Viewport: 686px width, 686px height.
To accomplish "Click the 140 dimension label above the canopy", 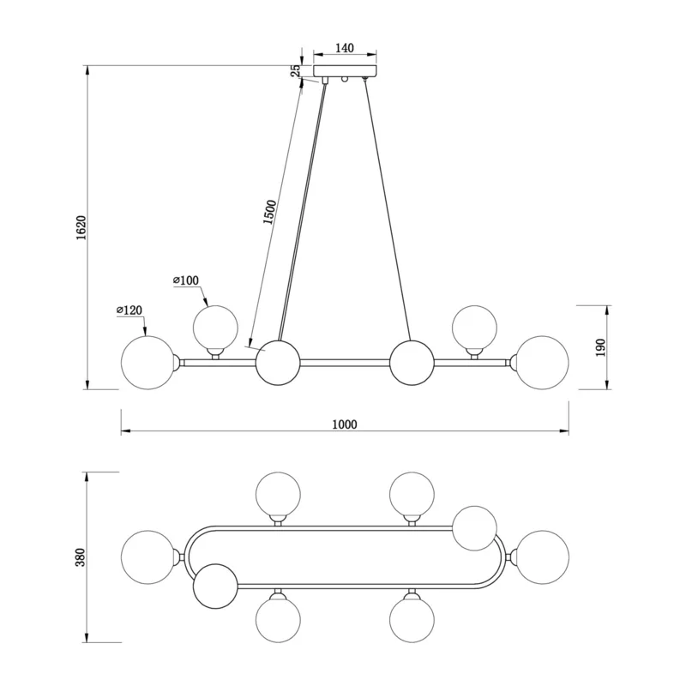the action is (345, 48).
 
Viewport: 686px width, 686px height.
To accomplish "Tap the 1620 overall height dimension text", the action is (81, 227).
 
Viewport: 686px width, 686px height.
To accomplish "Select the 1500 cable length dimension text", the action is (269, 212).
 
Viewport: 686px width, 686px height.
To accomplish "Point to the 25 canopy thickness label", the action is (296, 70).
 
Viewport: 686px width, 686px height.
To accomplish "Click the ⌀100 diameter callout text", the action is (186, 280).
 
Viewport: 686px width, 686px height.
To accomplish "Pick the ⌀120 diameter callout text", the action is (129, 310).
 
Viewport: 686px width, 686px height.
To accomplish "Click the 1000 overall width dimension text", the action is (345, 424).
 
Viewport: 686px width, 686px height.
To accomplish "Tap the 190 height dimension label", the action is (600, 347).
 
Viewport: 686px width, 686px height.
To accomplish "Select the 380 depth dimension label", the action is (81, 557).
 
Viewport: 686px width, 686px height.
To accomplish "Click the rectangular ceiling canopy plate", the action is (345, 71).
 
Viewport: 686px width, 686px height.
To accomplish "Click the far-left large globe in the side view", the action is (147, 363).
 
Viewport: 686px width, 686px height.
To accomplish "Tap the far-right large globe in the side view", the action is (543, 363).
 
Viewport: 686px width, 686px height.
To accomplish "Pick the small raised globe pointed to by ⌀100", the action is (216, 328).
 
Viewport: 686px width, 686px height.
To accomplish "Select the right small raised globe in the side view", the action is (475, 328).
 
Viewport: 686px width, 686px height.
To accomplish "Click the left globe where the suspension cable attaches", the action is (278, 363).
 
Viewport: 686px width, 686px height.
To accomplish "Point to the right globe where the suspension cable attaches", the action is (412, 363).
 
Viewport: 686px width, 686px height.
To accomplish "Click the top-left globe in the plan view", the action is (278, 495).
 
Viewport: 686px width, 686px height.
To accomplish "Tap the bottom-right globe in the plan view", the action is (412, 620).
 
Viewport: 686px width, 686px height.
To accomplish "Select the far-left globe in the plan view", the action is (147, 557).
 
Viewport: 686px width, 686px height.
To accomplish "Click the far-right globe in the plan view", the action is (543, 557).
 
